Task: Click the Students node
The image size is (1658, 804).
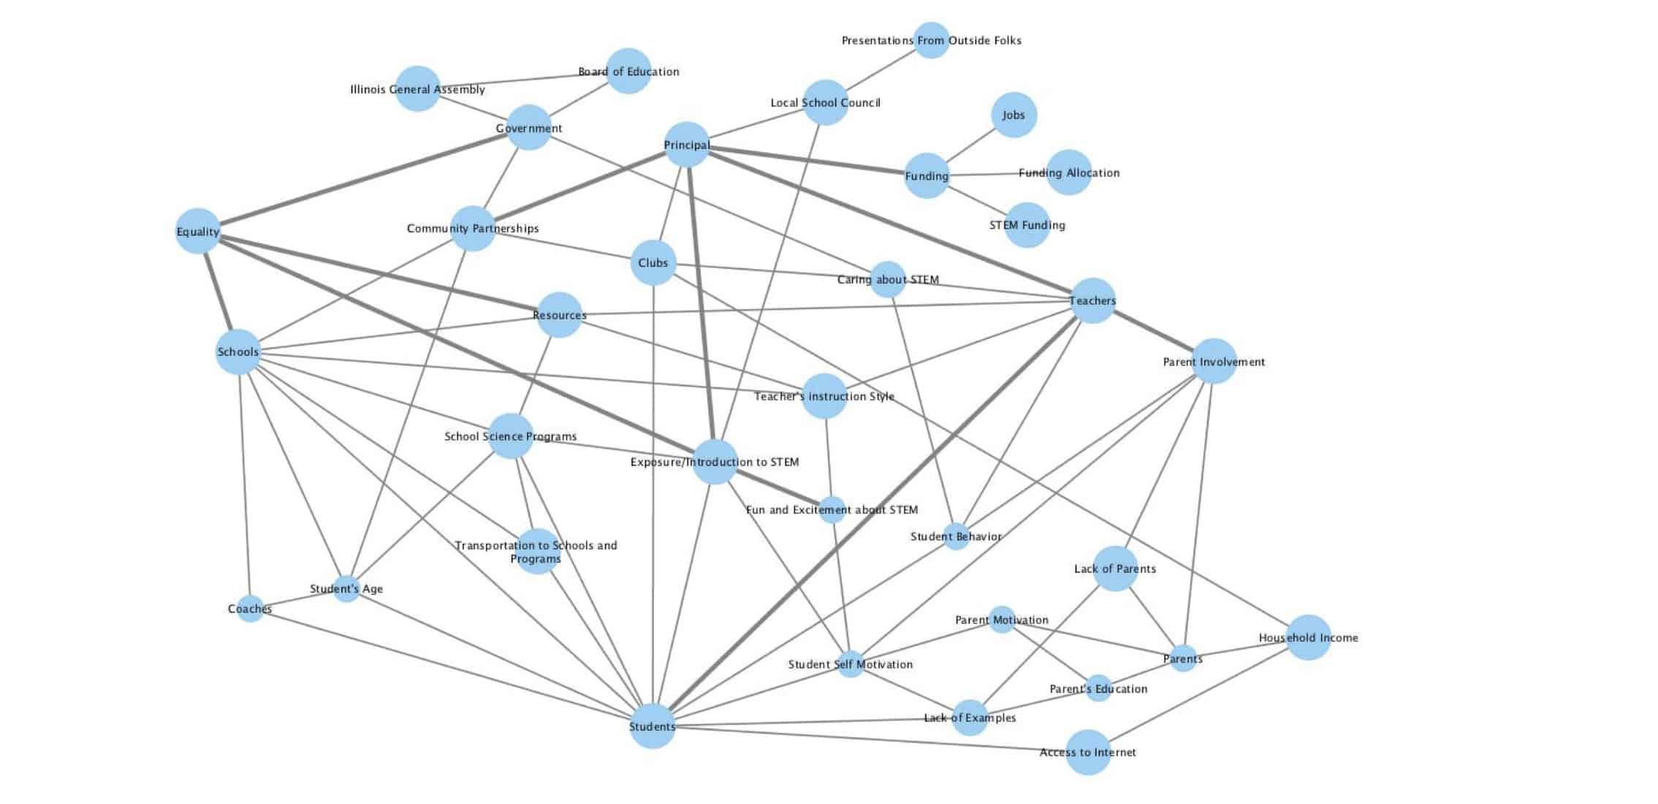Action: point(652,726)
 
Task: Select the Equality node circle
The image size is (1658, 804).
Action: point(198,231)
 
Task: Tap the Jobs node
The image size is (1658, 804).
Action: point(1014,115)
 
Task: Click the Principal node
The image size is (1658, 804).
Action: point(686,144)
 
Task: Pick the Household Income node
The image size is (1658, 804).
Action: point(1308,637)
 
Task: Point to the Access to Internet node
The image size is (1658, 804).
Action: point(1088,751)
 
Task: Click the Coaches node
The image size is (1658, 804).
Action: point(250,608)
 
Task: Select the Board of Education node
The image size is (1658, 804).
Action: point(628,71)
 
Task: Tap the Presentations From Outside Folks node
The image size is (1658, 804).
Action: point(932,40)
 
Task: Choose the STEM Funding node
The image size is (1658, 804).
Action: point(1027,225)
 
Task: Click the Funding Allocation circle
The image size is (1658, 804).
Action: point(1068,172)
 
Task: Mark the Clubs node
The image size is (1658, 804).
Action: point(653,262)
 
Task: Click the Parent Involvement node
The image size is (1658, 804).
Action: point(1214,361)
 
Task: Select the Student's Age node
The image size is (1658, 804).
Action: point(346,588)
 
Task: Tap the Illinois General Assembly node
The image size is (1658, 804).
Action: point(417,88)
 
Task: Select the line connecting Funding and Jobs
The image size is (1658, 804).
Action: point(972,144)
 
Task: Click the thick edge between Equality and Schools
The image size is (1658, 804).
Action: point(218,291)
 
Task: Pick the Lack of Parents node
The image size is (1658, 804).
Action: point(1115,569)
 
